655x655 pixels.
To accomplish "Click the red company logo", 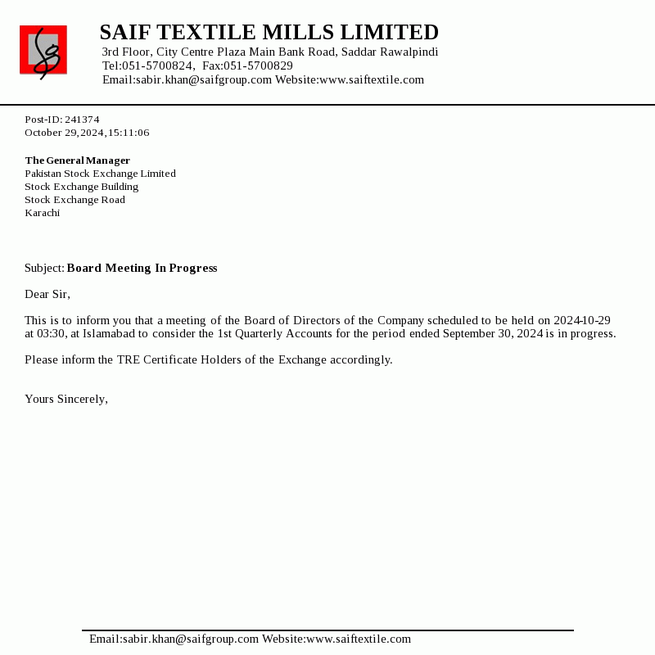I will click(43, 51).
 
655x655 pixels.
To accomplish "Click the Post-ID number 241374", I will click(82, 120).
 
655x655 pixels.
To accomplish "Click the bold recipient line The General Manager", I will click(78, 160).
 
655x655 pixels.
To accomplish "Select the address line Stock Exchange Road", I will click(75, 200).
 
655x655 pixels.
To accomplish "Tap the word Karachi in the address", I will click(43, 213).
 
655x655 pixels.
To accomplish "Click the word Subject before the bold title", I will click(44, 269).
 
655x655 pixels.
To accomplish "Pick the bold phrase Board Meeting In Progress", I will click(142, 269).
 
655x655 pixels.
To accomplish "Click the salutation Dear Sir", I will click(47, 295).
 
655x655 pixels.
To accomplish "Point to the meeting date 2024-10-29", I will click(581, 320).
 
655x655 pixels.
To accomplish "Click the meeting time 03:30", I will click(51, 333).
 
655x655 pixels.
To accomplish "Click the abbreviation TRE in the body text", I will click(129, 359).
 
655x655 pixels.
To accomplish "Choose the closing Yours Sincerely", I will click(66, 399).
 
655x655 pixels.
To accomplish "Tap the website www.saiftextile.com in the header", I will click(372, 79).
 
